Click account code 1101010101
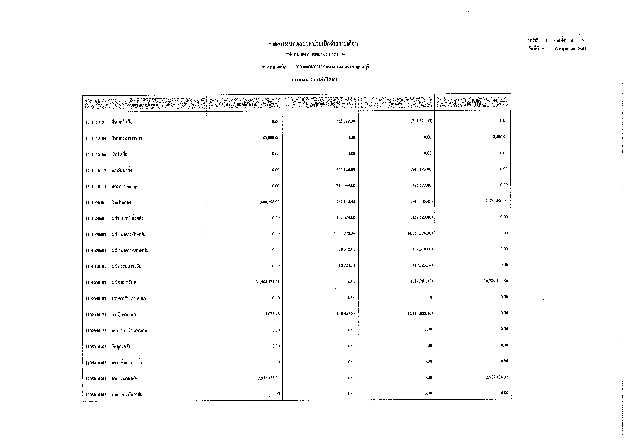(95, 122)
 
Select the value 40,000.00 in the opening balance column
(271, 138)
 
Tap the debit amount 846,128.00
(346, 169)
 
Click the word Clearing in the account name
(129, 187)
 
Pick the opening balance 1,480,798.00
(268, 202)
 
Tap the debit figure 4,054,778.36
(344, 234)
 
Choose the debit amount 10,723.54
(347, 265)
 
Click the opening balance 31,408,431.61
(267, 282)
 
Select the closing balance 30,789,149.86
(496, 281)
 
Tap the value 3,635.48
(272, 314)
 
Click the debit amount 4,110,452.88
(344, 314)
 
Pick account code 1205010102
(96, 395)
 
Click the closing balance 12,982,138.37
(496, 377)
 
